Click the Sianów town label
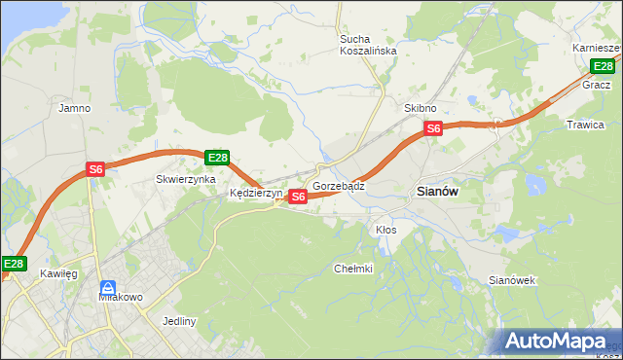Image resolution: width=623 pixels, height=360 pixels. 437,192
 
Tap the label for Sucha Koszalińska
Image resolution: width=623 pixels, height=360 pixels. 368,45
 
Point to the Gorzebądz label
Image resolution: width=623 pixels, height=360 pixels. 339,185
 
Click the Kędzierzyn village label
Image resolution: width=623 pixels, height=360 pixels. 255,193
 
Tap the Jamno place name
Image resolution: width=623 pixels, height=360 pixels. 75,108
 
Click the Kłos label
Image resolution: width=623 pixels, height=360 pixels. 385,230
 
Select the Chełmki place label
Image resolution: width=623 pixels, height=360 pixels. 353,269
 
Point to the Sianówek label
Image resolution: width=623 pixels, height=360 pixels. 512,280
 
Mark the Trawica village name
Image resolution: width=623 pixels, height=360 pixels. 585,125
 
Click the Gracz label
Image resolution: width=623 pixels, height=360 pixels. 596,85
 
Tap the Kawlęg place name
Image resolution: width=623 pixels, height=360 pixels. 58,273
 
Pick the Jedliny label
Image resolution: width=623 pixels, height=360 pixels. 180,321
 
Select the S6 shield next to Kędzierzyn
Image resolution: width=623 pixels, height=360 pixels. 299,197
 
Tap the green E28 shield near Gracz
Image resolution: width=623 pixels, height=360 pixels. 603,66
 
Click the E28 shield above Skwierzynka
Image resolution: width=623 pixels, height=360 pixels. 217,158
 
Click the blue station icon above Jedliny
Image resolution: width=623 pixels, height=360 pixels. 108,289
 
